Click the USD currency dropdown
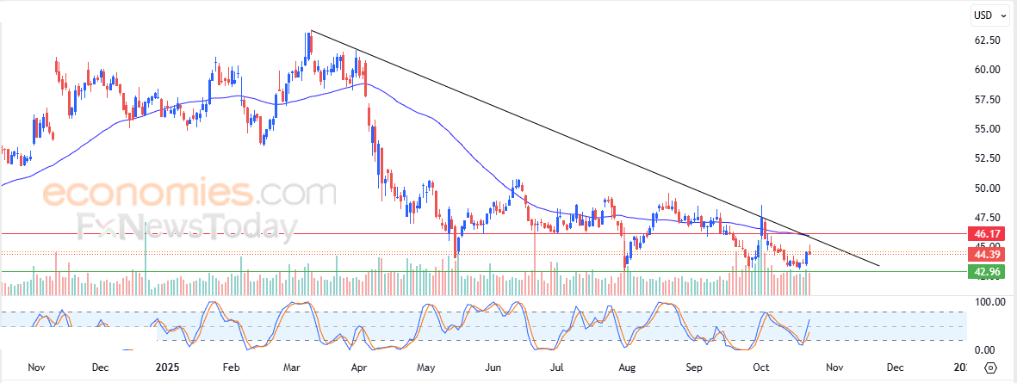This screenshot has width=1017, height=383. [985, 15]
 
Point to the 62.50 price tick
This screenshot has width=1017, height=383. [987, 40]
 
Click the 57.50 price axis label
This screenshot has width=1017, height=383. [987, 100]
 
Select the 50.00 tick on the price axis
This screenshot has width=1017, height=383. [987, 188]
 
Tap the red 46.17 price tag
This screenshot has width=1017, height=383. [986, 234]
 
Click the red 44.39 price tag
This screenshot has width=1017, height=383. [986, 254]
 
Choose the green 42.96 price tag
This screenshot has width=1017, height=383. [986, 272]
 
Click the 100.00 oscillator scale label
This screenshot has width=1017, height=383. [989, 302]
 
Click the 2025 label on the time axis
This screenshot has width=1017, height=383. [162, 368]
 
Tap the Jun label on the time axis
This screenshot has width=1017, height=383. [493, 368]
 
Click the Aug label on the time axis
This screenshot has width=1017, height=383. [627, 368]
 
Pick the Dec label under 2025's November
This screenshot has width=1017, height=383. [895, 368]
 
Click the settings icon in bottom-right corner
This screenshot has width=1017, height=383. [990, 368]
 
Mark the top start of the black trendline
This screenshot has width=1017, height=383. [311, 31]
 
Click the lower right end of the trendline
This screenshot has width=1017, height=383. [878, 265]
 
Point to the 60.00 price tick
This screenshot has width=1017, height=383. [987, 70]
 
